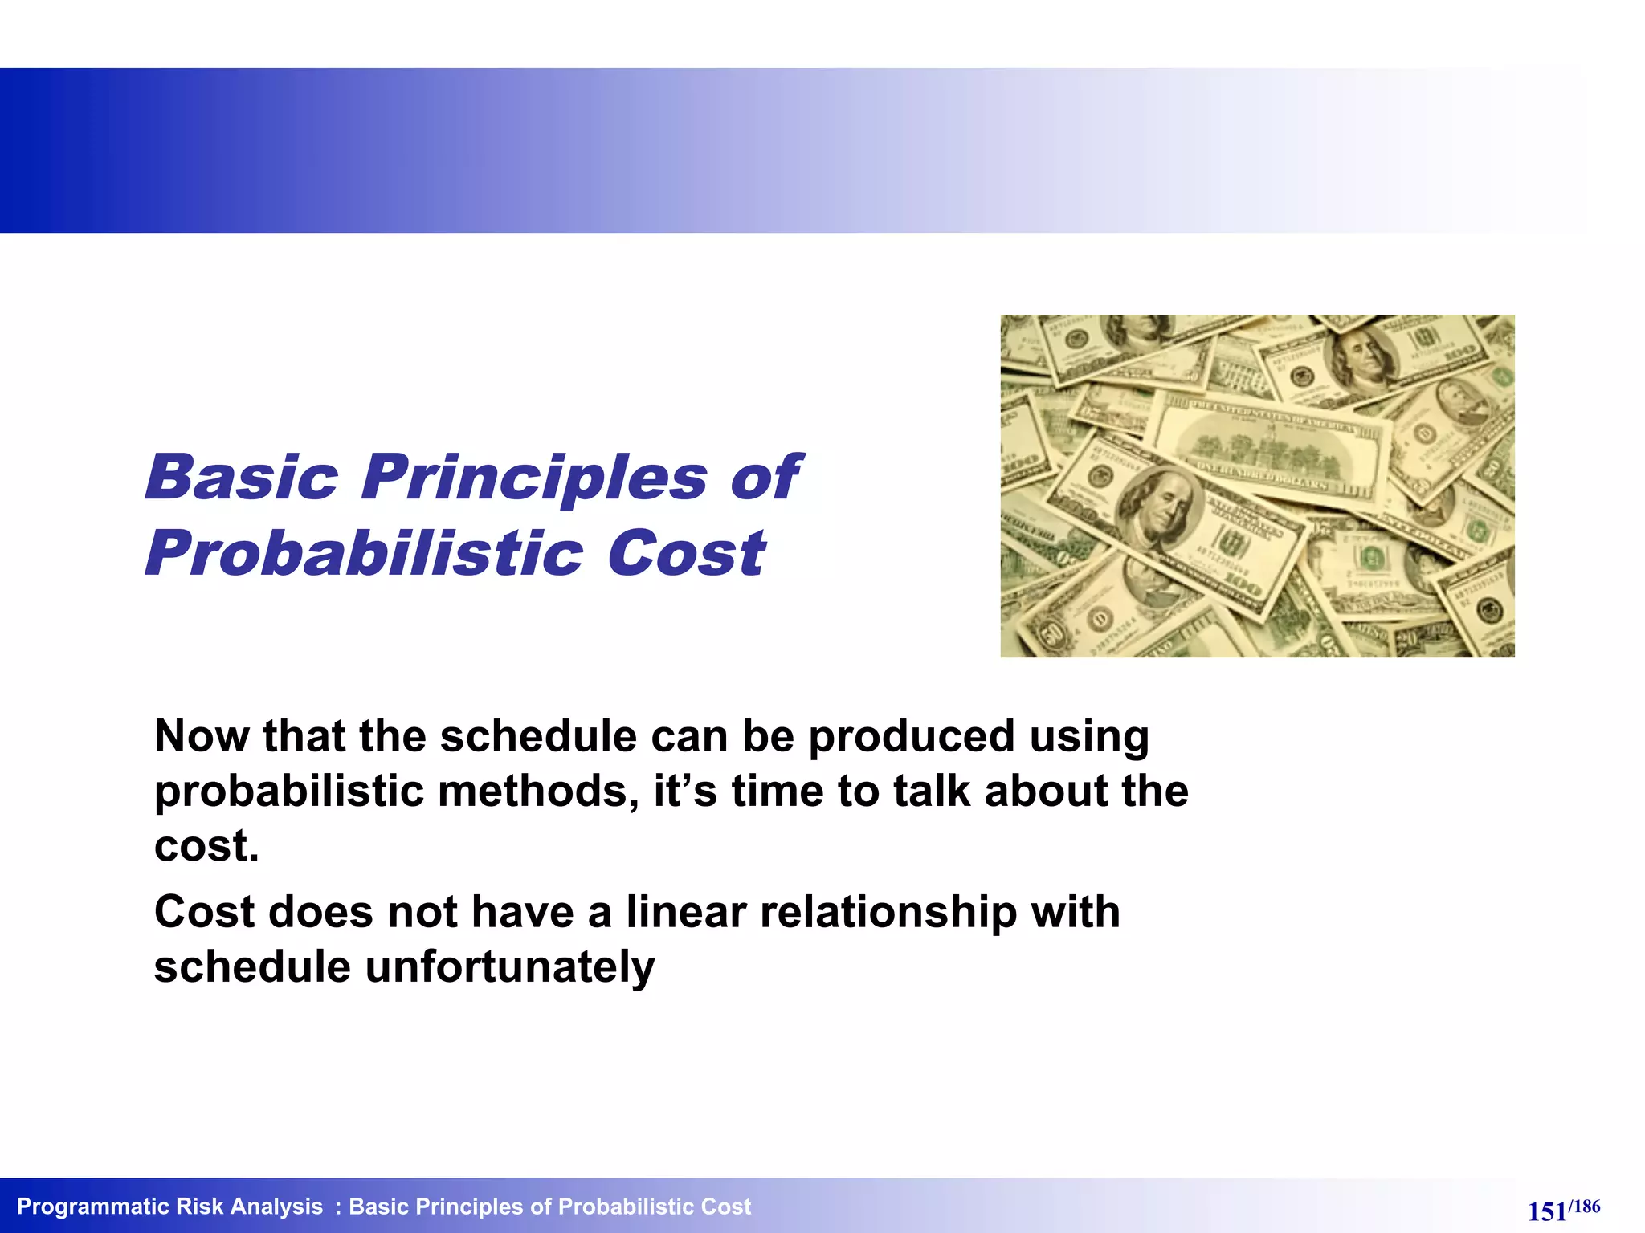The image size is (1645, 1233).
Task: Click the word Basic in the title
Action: click(x=242, y=478)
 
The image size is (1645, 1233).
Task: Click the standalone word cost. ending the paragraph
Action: click(x=206, y=846)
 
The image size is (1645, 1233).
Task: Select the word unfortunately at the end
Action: click(x=510, y=966)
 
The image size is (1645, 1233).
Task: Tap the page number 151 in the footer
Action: click(x=1546, y=1211)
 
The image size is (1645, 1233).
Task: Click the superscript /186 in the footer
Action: click(x=1584, y=1206)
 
